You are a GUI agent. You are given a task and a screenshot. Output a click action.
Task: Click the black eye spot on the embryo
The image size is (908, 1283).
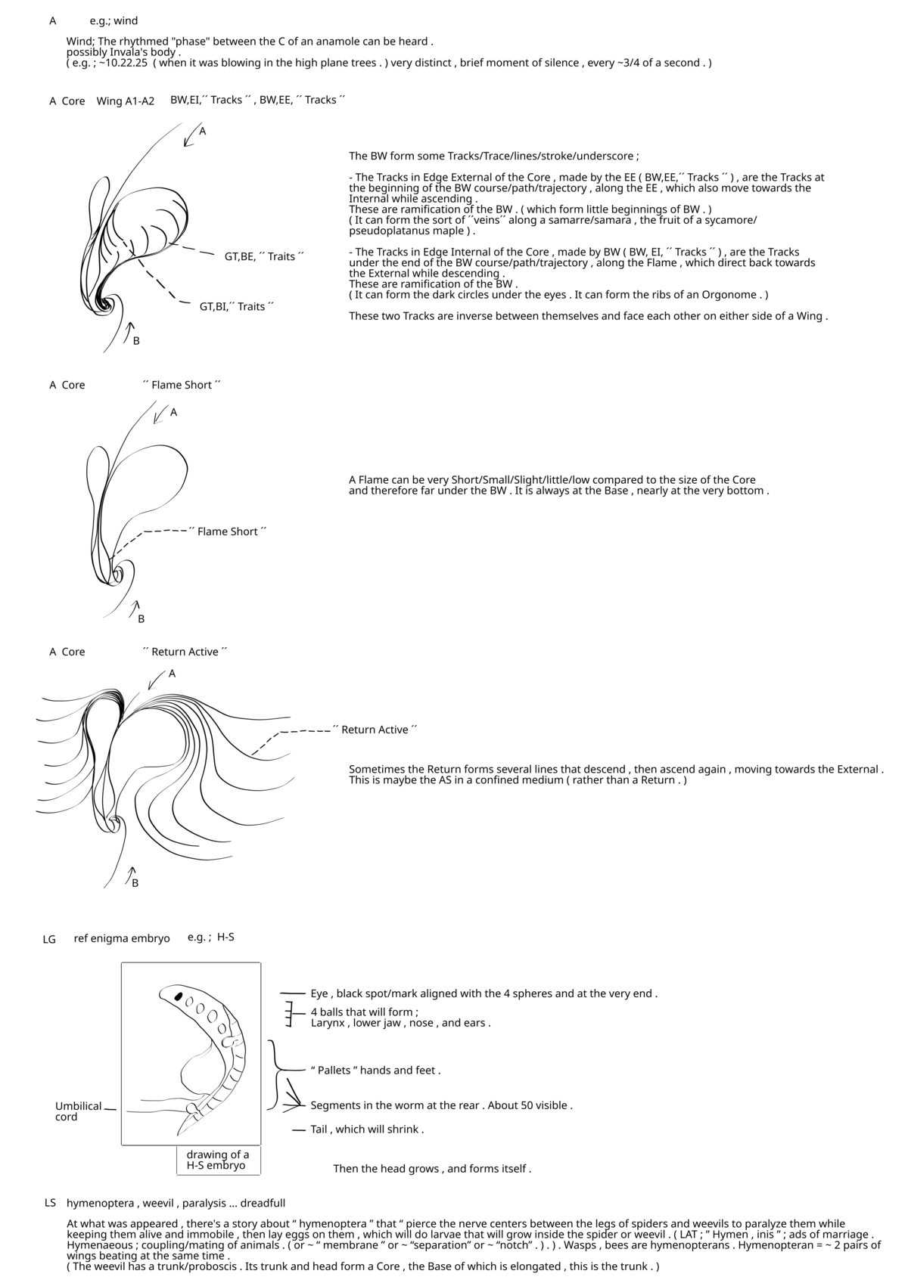coord(179,996)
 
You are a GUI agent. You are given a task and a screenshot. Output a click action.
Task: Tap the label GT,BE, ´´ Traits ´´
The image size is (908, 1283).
coord(263,257)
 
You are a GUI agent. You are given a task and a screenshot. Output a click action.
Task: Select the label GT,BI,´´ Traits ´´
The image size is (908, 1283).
coord(236,307)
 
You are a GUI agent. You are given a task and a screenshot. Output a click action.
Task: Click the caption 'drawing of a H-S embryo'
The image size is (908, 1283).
coord(217,1160)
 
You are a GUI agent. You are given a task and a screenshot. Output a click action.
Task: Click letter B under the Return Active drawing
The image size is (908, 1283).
coord(135,883)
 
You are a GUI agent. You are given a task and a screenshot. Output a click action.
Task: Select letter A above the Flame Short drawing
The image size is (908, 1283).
coord(173,412)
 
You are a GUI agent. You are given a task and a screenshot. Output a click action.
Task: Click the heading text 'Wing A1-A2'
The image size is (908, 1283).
coord(125,101)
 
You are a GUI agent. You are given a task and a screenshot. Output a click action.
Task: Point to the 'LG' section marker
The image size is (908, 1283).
coord(49,940)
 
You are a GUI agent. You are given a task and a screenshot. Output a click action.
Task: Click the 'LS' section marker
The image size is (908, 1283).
coord(50,1203)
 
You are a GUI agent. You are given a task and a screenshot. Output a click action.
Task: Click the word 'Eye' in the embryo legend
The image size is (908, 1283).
coord(319,993)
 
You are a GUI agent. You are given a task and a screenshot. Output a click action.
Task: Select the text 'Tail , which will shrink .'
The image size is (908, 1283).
coord(367,1130)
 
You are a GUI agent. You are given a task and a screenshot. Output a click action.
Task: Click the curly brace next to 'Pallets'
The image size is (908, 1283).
coord(276,1069)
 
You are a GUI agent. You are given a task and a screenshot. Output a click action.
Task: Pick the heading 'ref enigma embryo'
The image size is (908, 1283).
coord(122,938)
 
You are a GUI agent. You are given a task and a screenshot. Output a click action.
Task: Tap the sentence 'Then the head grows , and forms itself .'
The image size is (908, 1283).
coord(432,1169)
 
